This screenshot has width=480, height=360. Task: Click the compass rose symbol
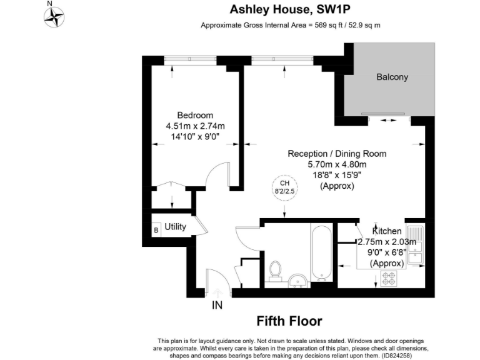[54, 16]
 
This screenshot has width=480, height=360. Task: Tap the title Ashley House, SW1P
[289, 9]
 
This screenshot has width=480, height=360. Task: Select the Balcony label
[392, 77]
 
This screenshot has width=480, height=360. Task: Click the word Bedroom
[195, 115]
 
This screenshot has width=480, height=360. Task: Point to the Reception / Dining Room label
[337, 154]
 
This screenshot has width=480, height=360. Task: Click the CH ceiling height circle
[284, 187]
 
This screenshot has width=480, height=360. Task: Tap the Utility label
[176, 227]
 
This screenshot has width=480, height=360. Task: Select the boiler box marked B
[156, 230]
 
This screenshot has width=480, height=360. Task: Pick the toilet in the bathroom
[274, 270]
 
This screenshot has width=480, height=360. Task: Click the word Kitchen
[386, 231]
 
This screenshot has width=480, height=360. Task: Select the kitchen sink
[417, 246]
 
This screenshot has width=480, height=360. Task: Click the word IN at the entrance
[217, 306]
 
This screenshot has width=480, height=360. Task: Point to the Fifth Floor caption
[289, 321]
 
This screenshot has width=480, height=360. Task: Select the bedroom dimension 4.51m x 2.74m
[195, 126]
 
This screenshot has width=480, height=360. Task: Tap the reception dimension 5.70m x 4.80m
[337, 164]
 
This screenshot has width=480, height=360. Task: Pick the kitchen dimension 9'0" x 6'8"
[386, 252]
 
